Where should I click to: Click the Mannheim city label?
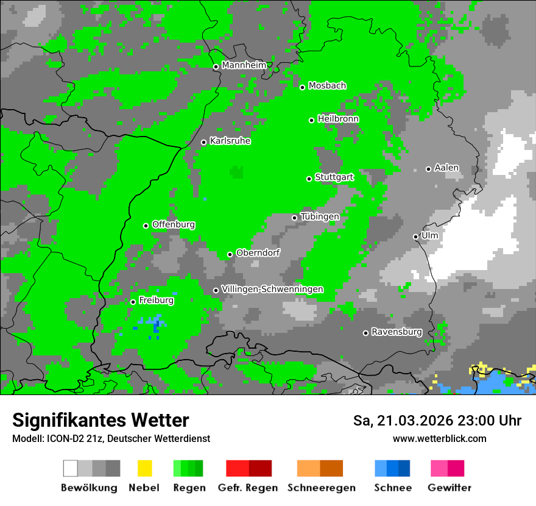pyautogui.click(x=244, y=65)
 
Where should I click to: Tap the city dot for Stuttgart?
pyautogui.click(x=309, y=179)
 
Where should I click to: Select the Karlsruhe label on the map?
pyautogui.click(x=230, y=141)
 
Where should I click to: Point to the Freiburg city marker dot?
pyautogui.click(x=133, y=302)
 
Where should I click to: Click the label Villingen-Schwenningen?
pyautogui.click(x=272, y=289)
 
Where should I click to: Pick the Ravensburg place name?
pyautogui.click(x=397, y=332)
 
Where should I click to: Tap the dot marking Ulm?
pyautogui.click(x=415, y=237)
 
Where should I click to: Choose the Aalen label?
pyautogui.click(x=446, y=168)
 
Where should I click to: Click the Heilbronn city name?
pyautogui.click(x=338, y=119)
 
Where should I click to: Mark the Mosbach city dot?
pyautogui.click(x=302, y=87)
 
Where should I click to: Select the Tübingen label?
pyautogui.click(x=320, y=216)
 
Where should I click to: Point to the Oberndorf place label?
pyautogui.click(x=258, y=253)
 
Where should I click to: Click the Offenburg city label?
pyautogui.click(x=174, y=224)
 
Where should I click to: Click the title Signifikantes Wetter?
pyautogui.click(x=100, y=420)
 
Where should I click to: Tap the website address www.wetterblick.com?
pyautogui.click(x=439, y=438)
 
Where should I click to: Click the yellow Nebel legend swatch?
pyautogui.click(x=144, y=468)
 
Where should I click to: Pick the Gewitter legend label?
pyautogui.click(x=450, y=488)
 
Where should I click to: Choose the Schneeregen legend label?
pyautogui.click(x=322, y=488)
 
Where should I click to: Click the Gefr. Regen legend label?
pyautogui.click(x=248, y=488)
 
